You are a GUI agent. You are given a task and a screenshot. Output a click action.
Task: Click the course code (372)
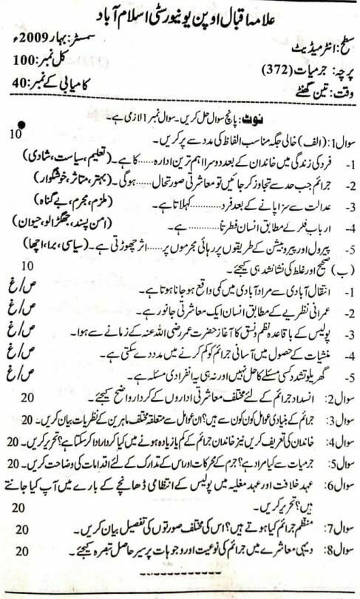click(x=279, y=71)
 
